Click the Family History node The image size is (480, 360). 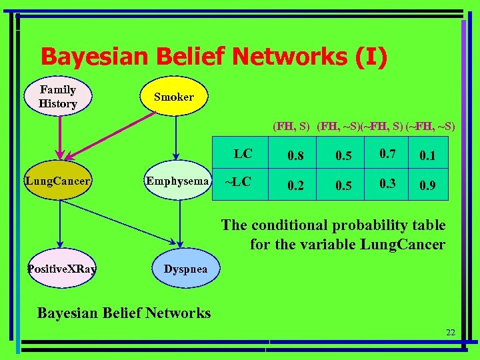(58, 97)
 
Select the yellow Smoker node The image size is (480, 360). (174, 97)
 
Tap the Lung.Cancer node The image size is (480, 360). (58, 180)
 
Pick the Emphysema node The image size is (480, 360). (177, 180)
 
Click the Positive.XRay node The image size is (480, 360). (61, 269)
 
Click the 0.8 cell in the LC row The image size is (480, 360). (295, 155)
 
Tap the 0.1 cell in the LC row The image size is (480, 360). (427, 155)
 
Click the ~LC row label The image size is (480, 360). (238, 181)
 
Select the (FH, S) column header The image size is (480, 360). (291, 125)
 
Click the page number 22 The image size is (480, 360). (451, 332)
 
